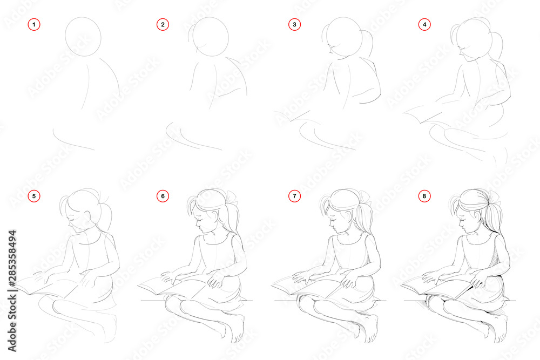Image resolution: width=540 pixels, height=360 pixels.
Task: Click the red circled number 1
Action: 33,24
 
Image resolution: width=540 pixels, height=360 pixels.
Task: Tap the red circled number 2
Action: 163,24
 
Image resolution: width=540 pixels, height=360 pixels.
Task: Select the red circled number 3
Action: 294,24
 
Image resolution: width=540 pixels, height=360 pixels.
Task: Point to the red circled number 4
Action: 424,24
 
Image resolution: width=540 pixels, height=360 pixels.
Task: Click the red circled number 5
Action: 33,196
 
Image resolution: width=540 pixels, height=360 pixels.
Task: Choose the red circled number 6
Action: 163,196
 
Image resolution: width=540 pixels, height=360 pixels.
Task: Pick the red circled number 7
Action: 294,196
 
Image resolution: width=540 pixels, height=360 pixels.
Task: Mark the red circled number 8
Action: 424,196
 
